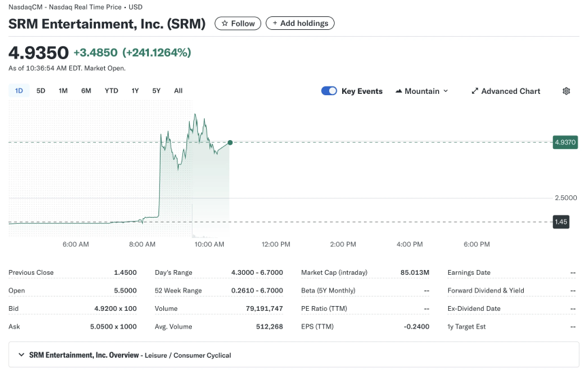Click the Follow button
click(237, 23)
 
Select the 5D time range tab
click(41, 90)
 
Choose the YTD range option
click(111, 90)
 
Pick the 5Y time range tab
click(156, 90)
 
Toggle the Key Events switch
click(329, 91)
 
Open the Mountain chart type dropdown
click(422, 91)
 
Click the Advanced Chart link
click(505, 91)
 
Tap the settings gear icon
click(566, 91)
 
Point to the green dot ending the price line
click(230, 142)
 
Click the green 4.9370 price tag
click(565, 142)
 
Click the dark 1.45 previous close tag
click(561, 222)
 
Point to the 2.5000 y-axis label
click(565, 198)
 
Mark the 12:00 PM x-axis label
click(275, 244)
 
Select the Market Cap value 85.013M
click(415, 273)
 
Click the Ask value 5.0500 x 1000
click(115, 326)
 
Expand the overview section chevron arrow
click(21, 355)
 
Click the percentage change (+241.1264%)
click(156, 52)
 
